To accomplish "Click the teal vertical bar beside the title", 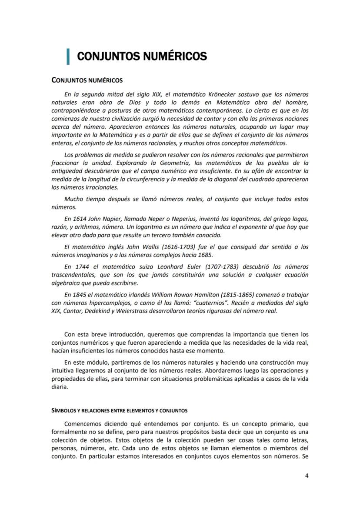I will tap(68, 57).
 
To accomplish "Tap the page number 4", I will tap(307, 475).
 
